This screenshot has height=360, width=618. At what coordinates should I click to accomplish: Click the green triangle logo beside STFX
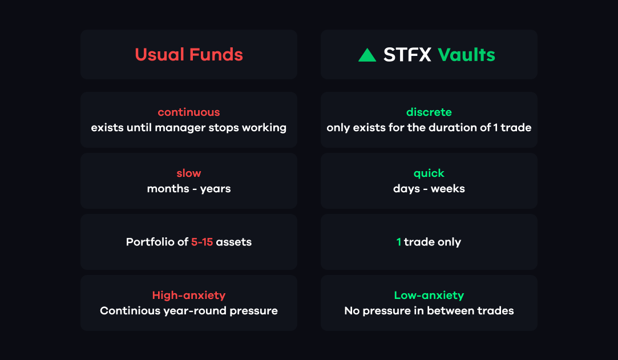(x=367, y=55)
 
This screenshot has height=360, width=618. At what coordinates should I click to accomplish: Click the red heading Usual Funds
(x=189, y=54)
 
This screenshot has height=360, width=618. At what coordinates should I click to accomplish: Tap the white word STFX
(x=407, y=55)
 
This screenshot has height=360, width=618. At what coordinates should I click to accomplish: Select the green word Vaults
(x=466, y=55)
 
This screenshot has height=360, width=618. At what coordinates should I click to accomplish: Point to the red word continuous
(x=189, y=112)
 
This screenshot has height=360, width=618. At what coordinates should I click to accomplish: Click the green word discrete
(x=429, y=112)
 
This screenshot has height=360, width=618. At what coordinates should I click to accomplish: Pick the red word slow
(x=189, y=173)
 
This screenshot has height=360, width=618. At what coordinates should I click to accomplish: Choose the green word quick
(x=429, y=173)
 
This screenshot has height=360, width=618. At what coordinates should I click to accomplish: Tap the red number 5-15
(x=202, y=242)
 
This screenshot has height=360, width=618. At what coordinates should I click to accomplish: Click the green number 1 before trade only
(x=398, y=242)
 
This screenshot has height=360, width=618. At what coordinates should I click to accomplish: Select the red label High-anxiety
(x=189, y=296)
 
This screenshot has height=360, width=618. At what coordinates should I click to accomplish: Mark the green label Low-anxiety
(x=429, y=296)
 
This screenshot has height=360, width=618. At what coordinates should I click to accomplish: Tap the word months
(x=168, y=189)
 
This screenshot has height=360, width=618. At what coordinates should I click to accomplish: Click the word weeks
(x=448, y=189)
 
